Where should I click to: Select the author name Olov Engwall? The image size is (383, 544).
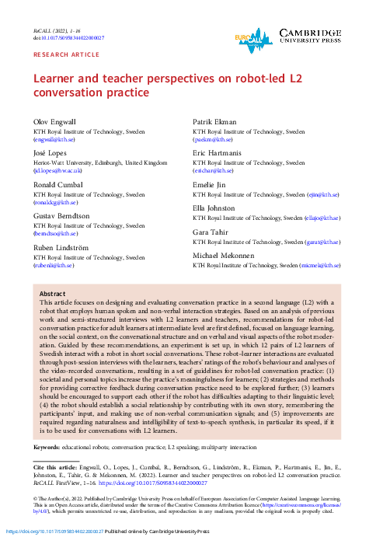click(x=52, y=123)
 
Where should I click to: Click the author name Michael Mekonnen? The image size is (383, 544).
click(x=223, y=256)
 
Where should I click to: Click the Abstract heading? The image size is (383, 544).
click(x=53, y=295)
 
